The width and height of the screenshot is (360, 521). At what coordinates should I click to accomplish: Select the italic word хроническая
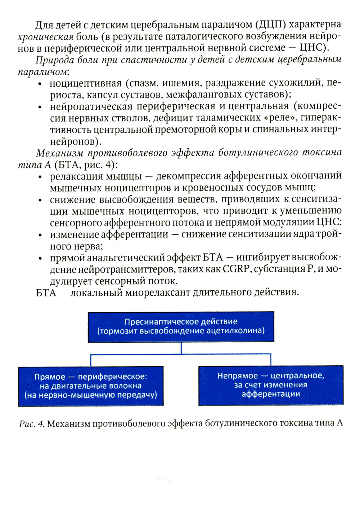(x=46, y=37)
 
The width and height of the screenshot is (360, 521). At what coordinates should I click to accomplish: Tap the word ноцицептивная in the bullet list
(x=86, y=83)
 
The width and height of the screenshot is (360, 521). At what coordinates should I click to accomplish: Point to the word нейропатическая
(x=91, y=107)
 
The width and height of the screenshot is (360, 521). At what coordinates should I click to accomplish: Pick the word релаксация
(x=75, y=176)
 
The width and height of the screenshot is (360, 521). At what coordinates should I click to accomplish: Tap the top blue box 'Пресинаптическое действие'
(x=181, y=327)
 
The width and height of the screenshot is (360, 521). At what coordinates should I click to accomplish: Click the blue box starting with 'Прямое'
(x=91, y=386)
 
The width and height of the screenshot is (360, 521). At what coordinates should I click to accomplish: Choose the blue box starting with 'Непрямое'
(x=271, y=385)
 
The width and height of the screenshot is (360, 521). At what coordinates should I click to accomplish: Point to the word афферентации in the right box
(x=271, y=394)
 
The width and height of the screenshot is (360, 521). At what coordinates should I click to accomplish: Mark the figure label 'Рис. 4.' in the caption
(x=32, y=423)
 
